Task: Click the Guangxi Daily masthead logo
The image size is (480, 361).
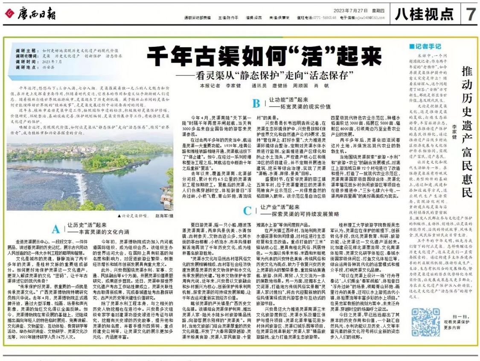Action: point(27,14)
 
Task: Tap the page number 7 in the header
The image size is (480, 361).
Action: point(470,15)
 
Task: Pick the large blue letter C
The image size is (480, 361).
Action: point(246,210)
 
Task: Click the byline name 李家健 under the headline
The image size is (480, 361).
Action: point(233,85)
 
